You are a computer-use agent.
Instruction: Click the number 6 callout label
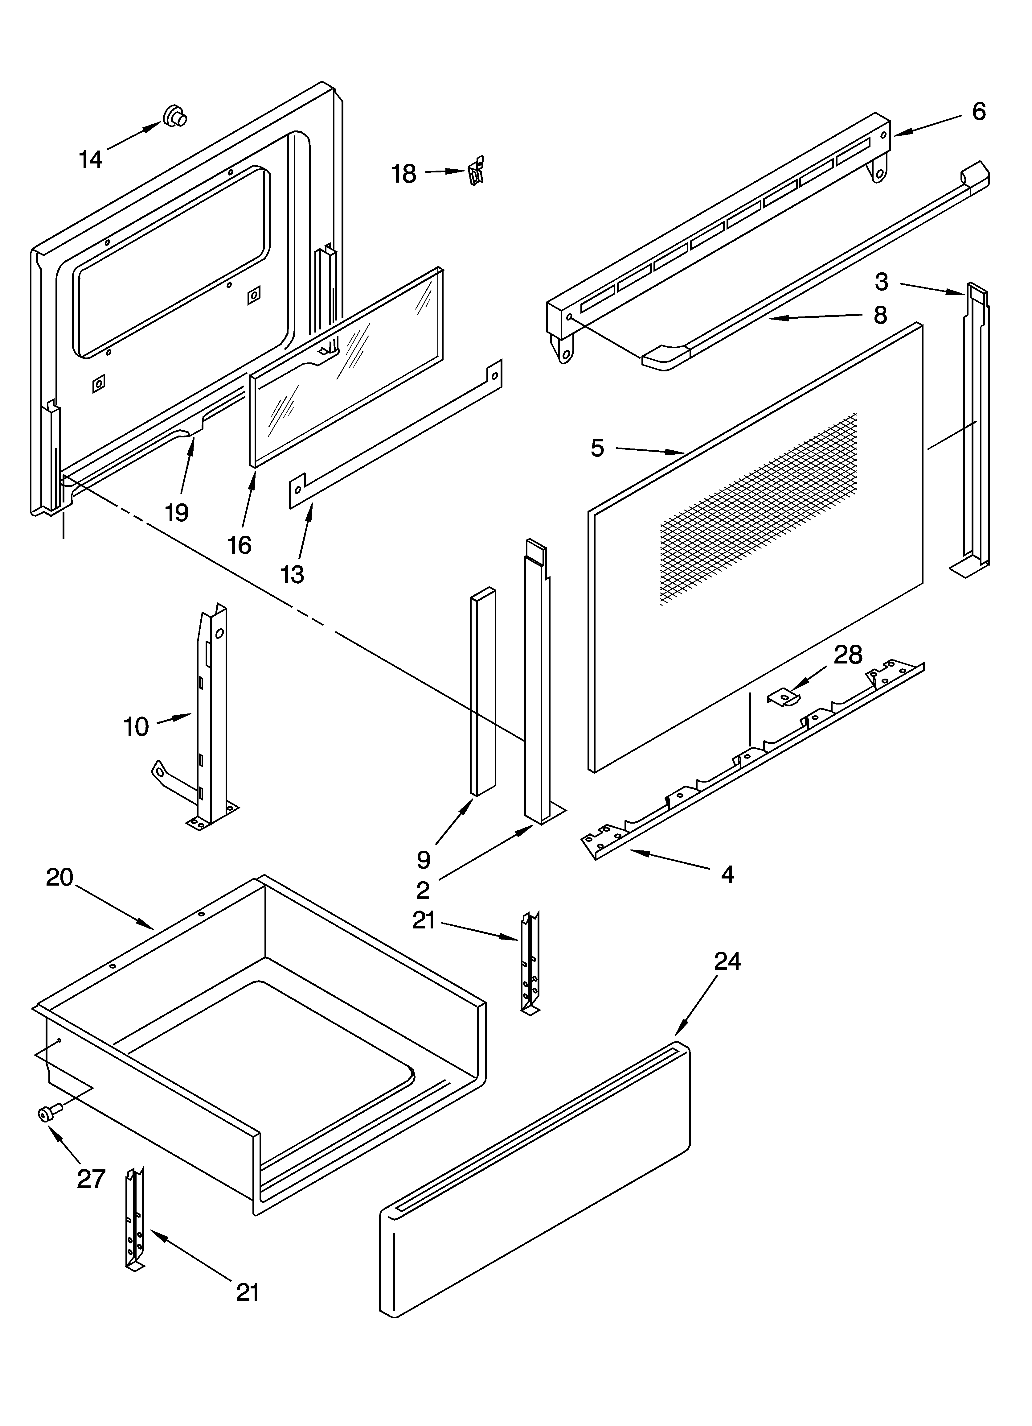979,112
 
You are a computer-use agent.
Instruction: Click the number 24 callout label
727,961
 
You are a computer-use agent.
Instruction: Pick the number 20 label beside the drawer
60,877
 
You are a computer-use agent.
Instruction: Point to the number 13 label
292,574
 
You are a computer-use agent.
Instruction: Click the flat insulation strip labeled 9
483,692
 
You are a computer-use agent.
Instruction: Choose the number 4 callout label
727,874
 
